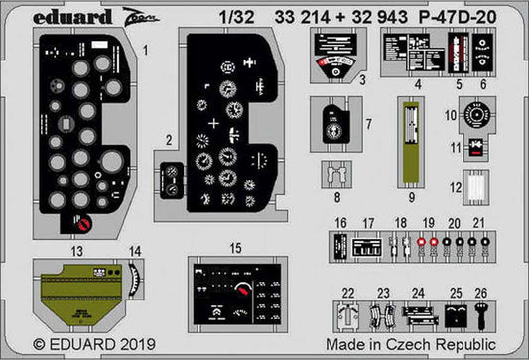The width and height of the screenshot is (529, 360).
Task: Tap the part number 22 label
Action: pos(347,292)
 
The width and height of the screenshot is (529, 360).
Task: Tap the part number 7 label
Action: pos(368,126)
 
